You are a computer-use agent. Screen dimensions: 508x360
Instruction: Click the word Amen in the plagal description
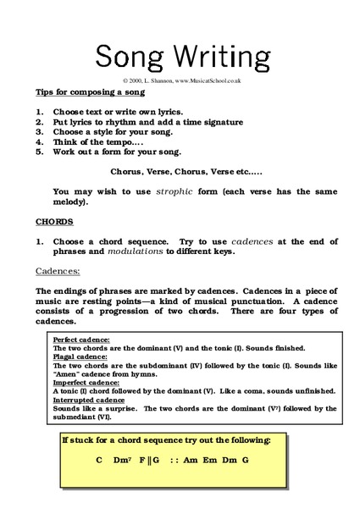point(67,373)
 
